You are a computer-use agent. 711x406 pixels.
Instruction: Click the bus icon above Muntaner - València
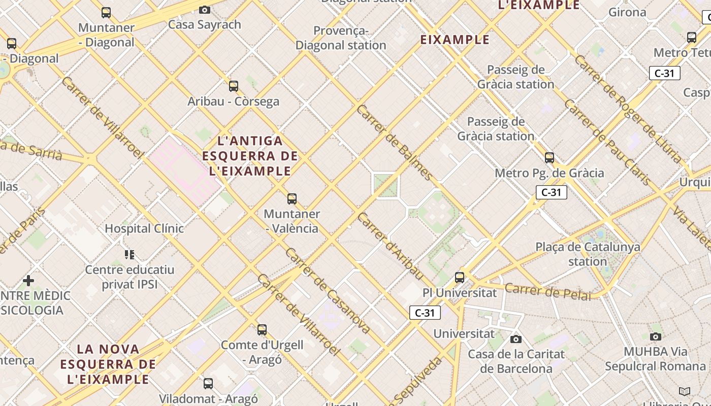point(292,198)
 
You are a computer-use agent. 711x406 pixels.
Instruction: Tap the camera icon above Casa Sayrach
point(205,10)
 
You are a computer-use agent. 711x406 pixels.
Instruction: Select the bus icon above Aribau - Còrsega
point(234,86)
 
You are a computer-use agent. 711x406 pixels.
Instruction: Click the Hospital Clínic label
point(144,228)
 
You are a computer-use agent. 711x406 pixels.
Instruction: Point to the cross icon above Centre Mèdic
point(28,280)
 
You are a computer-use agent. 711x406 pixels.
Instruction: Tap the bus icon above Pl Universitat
point(460,278)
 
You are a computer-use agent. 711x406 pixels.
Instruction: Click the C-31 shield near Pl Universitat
point(425,313)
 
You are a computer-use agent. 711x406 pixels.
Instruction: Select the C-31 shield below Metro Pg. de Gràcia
point(551,192)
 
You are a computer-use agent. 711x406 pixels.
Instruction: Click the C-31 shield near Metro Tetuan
point(664,73)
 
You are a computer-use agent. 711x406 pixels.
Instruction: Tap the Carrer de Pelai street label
point(548,291)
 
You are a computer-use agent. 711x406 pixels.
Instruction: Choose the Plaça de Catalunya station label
point(588,254)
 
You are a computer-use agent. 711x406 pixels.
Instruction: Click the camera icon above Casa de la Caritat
point(516,339)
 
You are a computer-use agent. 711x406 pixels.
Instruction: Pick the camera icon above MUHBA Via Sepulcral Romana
point(656,336)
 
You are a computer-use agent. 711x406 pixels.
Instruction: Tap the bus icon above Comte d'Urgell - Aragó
point(262,330)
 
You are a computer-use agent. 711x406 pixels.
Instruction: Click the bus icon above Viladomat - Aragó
point(208,384)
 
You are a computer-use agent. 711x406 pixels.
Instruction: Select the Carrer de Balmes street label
point(395,143)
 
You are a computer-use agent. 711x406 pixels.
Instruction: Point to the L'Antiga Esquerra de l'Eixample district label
point(250,156)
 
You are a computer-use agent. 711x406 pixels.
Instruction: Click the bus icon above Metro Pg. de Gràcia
point(550,158)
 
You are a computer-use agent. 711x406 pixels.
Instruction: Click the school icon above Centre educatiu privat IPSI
point(130,254)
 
